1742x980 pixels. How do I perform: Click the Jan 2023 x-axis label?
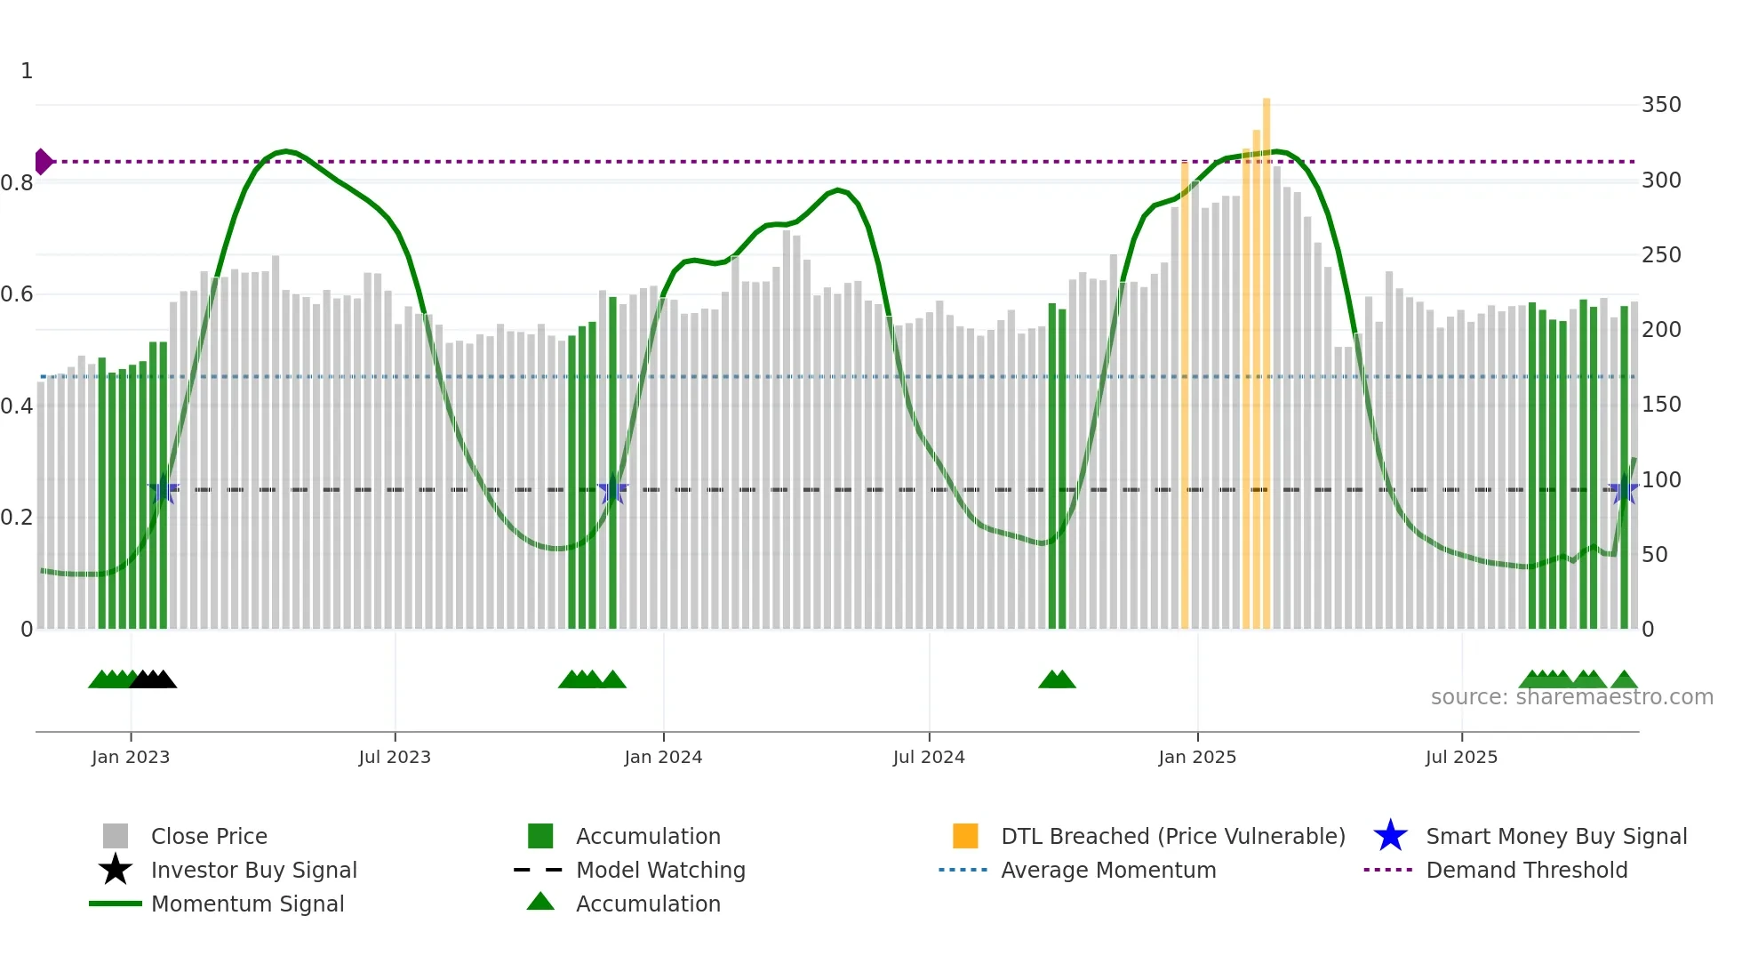click(130, 757)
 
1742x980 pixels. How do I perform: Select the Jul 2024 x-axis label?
click(929, 757)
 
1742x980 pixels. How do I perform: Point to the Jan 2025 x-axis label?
click(1197, 757)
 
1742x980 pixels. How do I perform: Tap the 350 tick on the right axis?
click(1661, 105)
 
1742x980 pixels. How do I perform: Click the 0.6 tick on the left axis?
click(17, 294)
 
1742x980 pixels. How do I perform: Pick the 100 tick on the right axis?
click(1661, 480)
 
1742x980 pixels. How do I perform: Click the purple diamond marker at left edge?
click(43, 162)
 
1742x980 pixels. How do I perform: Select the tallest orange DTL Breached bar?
click(1267, 356)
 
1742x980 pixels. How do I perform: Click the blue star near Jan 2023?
click(164, 490)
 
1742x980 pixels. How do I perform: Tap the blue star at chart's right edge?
click(1624, 490)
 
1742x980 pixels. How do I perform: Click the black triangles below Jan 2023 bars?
click(153, 679)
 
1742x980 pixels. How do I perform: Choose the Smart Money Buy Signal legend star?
click(1390, 836)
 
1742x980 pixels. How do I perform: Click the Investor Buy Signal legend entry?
click(253, 870)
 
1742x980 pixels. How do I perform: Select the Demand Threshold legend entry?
click(1526, 870)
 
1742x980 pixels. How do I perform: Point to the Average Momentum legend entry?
click(1107, 870)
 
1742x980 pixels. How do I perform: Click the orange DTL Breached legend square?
click(965, 836)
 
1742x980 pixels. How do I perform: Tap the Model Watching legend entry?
click(659, 870)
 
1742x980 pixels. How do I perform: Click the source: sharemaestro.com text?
click(1571, 697)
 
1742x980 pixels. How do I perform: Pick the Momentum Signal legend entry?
click(247, 904)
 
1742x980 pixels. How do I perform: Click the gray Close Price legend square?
click(116, 836)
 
